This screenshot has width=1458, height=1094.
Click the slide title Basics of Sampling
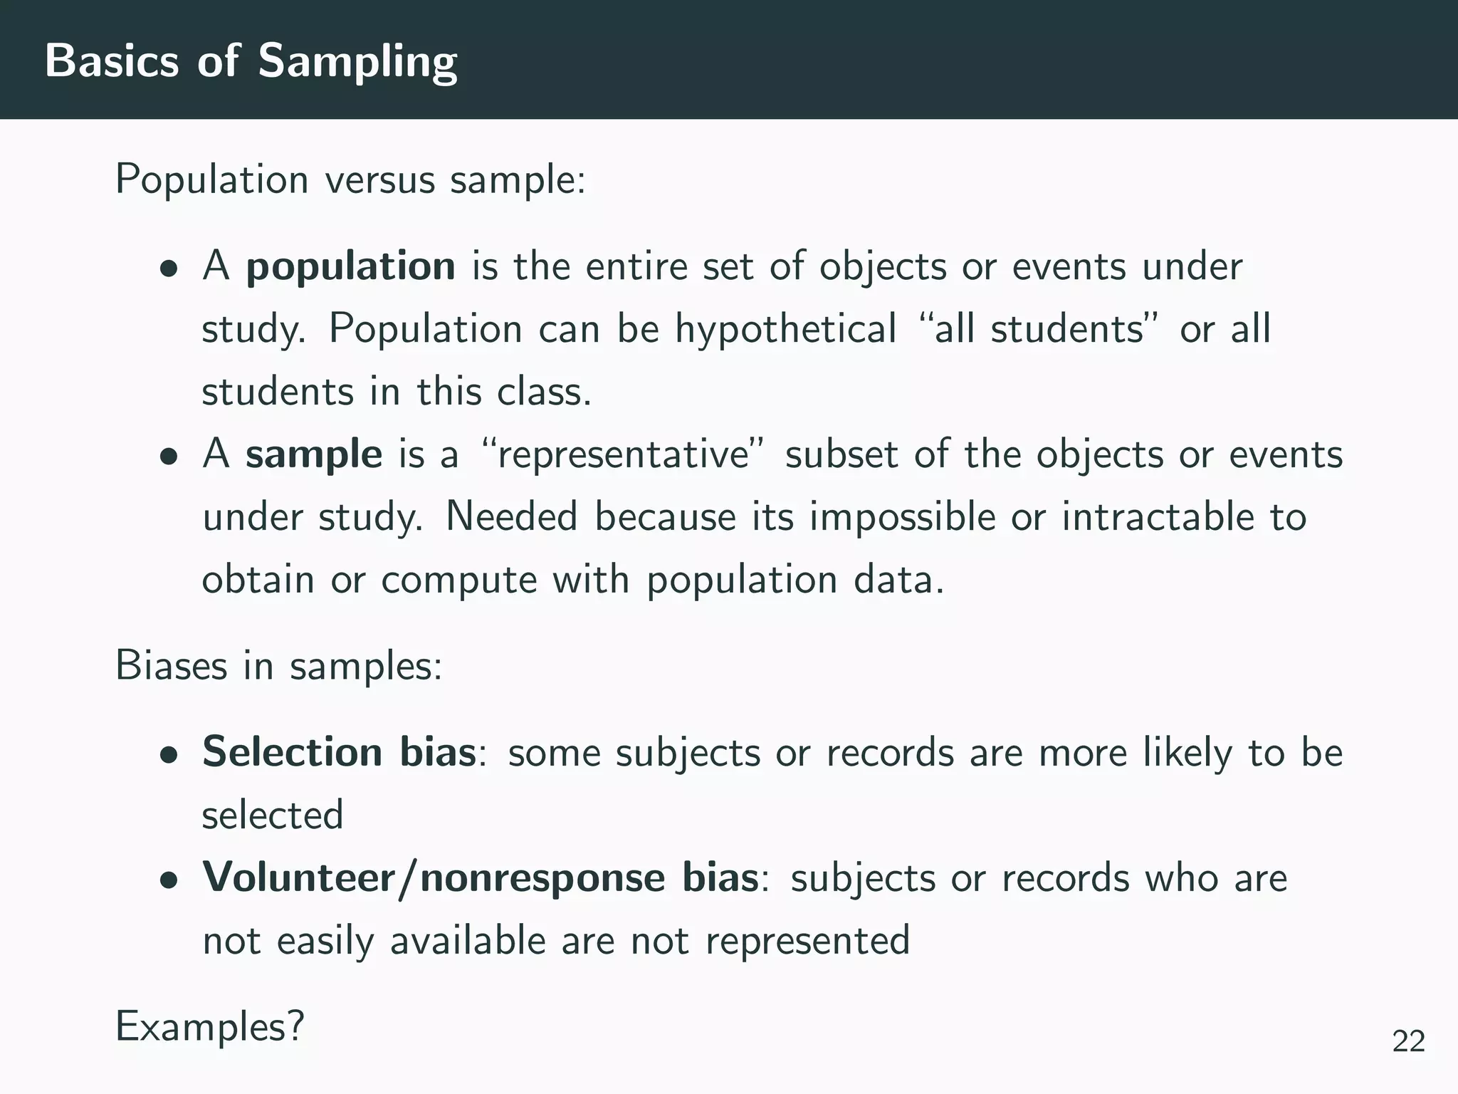pos(251,61)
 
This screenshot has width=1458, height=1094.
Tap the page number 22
pos(1408,1041)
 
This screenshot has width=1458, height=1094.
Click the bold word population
pos(350,266)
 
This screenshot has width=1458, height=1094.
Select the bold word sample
pos(314,454)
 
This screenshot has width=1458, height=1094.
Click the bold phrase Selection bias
pos(339,752)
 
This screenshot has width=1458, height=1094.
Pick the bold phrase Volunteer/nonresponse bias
pos(481,877)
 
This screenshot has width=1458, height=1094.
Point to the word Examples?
pos(210,1026)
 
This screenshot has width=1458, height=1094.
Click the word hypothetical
pos(785,329)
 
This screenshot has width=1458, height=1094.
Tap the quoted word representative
pos(624,454)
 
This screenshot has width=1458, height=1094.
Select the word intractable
pos(1158,517)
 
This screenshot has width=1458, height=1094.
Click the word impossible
pos(902,517)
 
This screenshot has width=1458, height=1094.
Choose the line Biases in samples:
pos(279,666)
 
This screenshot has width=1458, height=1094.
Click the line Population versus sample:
pos(350,179)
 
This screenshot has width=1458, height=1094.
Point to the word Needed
pos(511,517)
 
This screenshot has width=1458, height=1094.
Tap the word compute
pos(458,580)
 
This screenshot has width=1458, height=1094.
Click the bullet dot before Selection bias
pos(169,755)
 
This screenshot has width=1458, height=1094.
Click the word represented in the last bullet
pos(807,940)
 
